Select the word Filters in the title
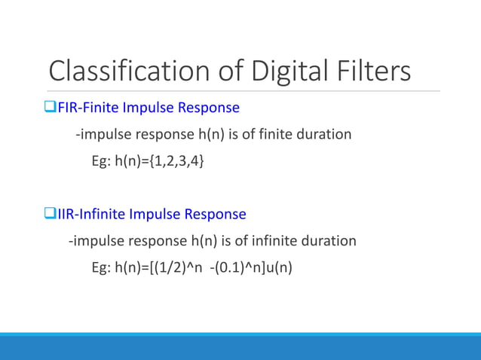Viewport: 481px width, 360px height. [374, 72]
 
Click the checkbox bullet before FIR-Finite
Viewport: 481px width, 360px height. [52, 108]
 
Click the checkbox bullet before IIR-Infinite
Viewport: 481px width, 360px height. [52, 215]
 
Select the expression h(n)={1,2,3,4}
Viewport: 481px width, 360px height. [158, 161]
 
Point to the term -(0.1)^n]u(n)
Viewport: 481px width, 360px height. [250, 268]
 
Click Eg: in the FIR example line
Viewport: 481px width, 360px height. [101, 161]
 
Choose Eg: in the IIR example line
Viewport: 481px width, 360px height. [101, 268]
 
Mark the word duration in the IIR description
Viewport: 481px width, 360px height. [329, 242]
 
